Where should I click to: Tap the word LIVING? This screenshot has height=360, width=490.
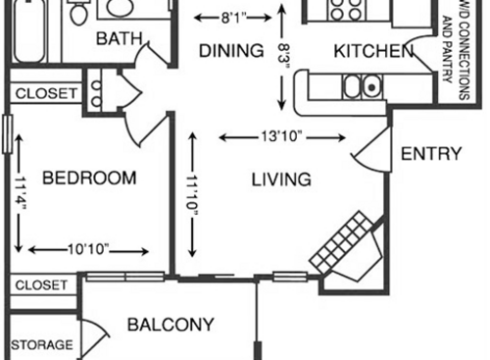click(281, 180)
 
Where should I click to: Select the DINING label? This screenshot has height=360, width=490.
click(231, 51)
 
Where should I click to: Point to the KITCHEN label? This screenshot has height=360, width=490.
click(372, 51)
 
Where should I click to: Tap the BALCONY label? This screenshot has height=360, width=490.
click(171, 325)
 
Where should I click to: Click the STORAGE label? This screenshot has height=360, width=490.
click(42, 345)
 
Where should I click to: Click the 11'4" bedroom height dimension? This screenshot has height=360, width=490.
click(21, 192)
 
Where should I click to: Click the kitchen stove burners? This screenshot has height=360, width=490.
click(343, 10)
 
